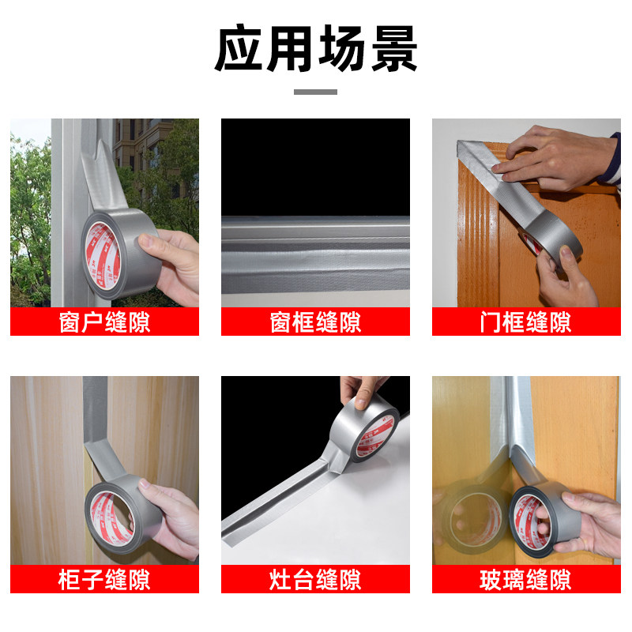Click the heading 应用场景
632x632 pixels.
315,48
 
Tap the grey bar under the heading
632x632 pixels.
315,92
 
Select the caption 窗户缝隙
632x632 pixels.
105,322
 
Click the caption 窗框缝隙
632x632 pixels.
315,322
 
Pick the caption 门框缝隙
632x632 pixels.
526,322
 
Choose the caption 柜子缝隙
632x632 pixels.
105,580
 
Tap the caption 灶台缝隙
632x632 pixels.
315,580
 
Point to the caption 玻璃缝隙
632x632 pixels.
526,580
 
